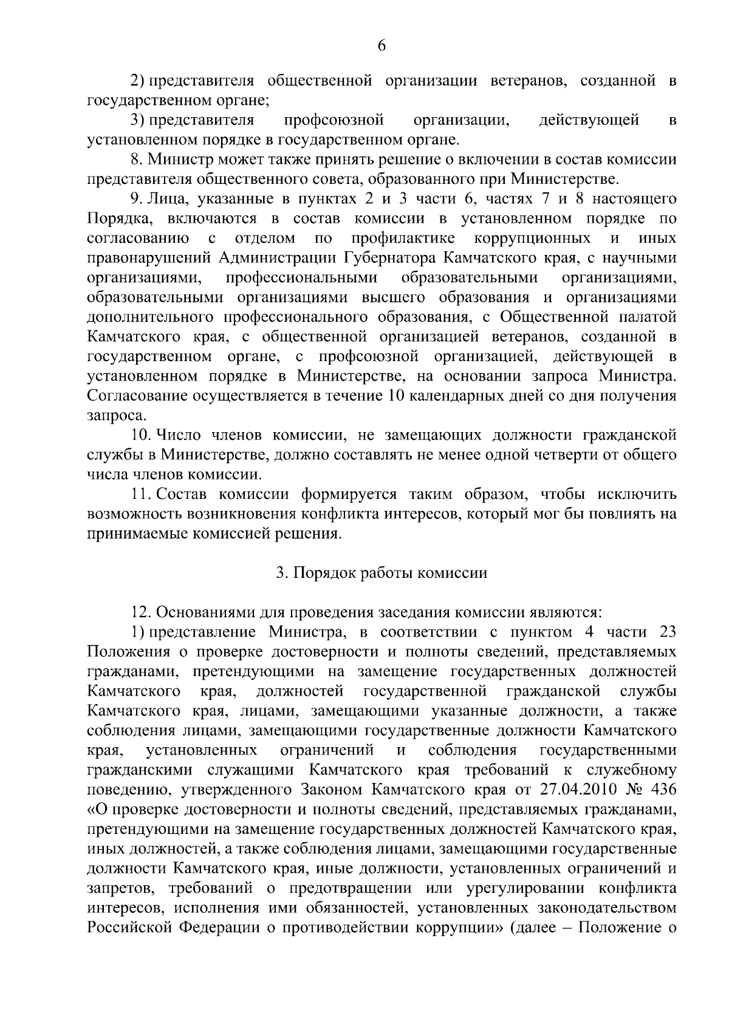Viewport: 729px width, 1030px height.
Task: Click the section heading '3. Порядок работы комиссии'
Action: click(382, 573)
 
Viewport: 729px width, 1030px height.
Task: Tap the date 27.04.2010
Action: click(581, 790)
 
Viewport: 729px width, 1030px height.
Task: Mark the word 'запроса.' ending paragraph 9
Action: click(109, 416)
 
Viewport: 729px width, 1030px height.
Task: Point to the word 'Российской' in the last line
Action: click(129, 928)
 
